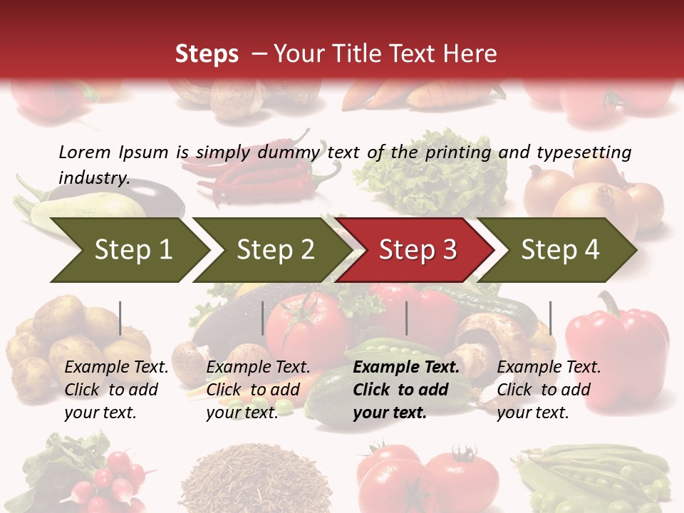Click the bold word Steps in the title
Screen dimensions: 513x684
click(207, 53)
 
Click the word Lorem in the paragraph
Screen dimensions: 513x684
click(84, 152)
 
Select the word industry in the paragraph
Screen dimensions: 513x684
click(93, 177)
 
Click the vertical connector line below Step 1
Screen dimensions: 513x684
click(120, 318)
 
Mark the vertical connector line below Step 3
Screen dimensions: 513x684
click(406, 318)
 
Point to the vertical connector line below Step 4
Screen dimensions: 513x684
click(550, 318)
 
